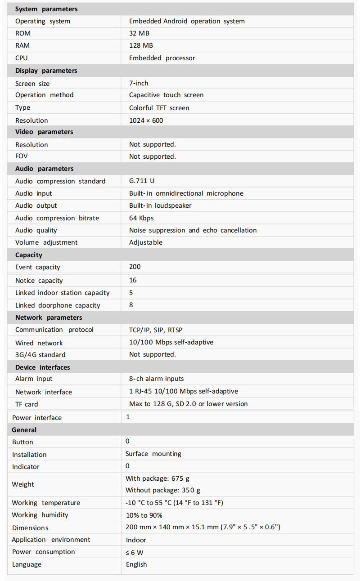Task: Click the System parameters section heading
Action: click(46, 9)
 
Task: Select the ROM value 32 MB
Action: click(139, 33)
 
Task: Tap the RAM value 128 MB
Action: click(141, 45)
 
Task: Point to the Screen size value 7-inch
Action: click(139, 83)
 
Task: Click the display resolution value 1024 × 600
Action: click(146, 121)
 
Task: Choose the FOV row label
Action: click(22, 156)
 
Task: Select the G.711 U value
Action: click(142, 181)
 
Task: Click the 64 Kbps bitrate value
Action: click(141, 218)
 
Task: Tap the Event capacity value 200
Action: click(135, 267)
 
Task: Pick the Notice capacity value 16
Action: click(133, 280)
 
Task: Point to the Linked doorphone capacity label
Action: click(58, 305)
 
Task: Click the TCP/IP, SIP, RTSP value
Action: click(156, 330)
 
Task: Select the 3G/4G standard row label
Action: click(40, 355)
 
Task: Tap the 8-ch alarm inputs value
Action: click(156, 379)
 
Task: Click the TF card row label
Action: click(27, 404)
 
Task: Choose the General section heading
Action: click(24, 430)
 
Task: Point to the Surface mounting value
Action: click(153, 454)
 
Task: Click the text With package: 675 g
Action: click(157, 478)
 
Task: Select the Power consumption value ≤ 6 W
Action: click(135, 552)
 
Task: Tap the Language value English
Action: click(136, 564)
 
